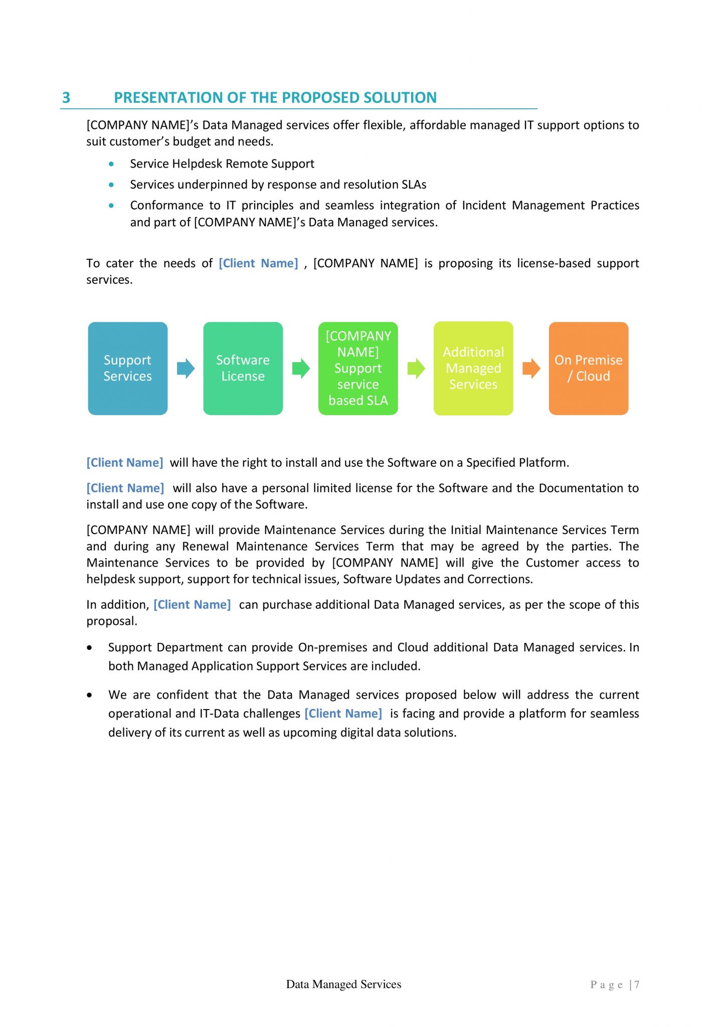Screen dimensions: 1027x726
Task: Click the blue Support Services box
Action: point(127,368)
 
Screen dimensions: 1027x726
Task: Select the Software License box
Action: point(243,368)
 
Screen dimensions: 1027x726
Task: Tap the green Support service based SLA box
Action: point(358,368)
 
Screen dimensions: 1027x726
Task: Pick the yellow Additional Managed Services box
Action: point(473,368)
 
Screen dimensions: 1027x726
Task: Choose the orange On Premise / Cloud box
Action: point(588,368)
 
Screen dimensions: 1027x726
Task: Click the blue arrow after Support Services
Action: point(186,369)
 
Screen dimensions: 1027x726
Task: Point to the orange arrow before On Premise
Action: point(531,369)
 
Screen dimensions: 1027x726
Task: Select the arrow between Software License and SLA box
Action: point(301,369)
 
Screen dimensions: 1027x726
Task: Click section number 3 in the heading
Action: point(66,97)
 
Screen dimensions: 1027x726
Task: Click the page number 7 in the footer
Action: point(637,984)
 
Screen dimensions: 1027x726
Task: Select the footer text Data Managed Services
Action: point(343,984)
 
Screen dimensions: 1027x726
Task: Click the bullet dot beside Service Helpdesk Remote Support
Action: point(111,164)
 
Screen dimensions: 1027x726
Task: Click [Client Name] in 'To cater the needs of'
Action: point(258,263)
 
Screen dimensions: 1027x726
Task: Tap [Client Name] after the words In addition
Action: point(192,605)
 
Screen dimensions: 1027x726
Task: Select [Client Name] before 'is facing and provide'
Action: point(343,714)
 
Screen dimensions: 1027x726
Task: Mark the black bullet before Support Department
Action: point(90,648)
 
